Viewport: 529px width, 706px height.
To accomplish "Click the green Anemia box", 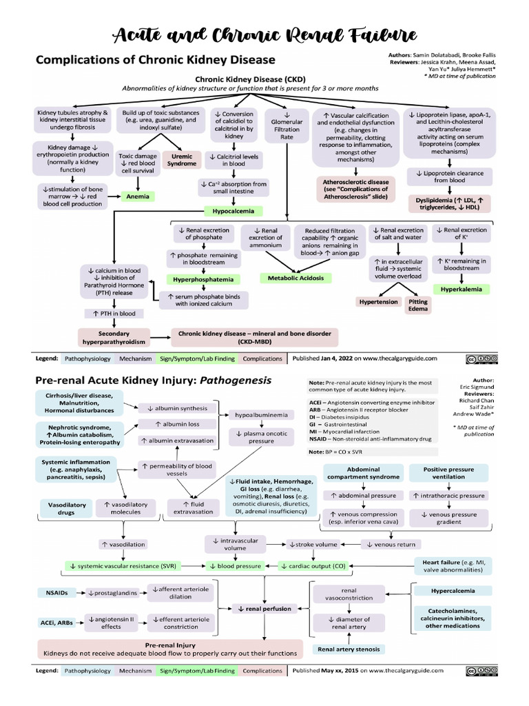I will point(138,196).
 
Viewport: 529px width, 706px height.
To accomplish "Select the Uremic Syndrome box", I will point(182,160).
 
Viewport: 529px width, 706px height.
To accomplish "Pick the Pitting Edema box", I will point(417,305).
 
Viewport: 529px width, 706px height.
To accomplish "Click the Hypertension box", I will point(378,301).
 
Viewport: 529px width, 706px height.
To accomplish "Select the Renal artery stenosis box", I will point(350,649).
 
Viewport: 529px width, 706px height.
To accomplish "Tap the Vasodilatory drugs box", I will point(67,508).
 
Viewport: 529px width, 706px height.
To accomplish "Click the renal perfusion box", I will point(265,609).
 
